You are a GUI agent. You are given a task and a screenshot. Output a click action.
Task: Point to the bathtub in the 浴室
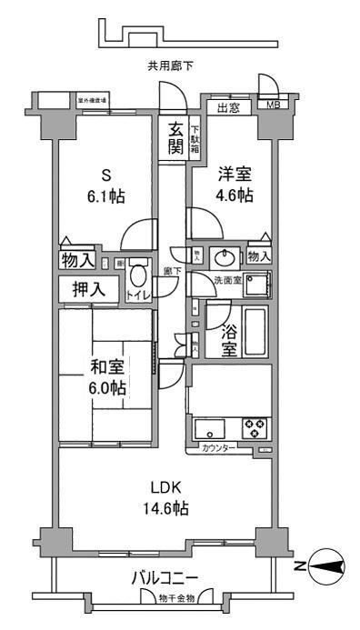click(255, 334)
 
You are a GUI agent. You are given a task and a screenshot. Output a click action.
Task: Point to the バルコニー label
click(165, 576)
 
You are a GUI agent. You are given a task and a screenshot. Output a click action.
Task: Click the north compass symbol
click(328, 568)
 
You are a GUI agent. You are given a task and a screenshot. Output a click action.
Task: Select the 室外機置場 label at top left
click(93, 99)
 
